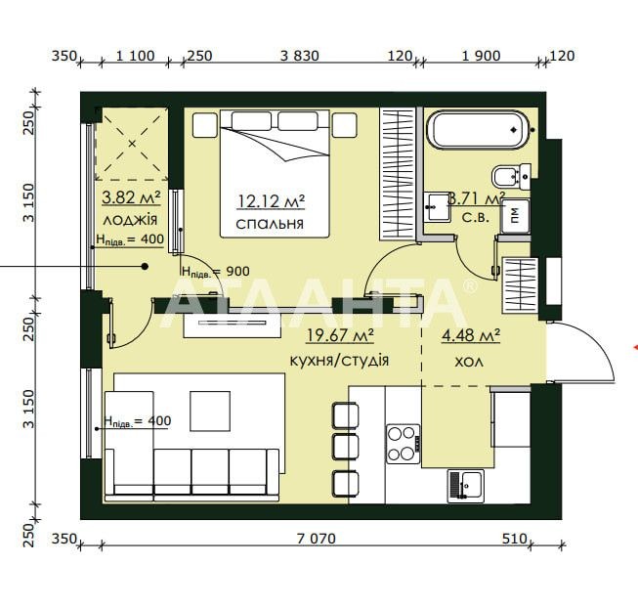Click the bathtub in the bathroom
point(478,130)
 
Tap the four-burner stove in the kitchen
point(403,444)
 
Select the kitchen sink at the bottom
point(466,486)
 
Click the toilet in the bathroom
point(511,177)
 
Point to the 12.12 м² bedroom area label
point(272,201)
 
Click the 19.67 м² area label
point(340,335)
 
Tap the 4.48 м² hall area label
point(471,335)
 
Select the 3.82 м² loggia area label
point(131,197)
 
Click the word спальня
point(270,224)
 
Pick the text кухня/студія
point(339,361)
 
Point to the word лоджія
point(130,221)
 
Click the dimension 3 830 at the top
point(300,56)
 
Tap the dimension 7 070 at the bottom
point(317,539)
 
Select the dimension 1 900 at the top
point(481,56)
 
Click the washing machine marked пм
point(515,216)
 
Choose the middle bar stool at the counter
point(346,447)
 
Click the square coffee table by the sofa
point(210,411)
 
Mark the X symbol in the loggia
point(132,144)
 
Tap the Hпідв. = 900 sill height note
point(216,272)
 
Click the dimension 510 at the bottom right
point(514,539)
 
